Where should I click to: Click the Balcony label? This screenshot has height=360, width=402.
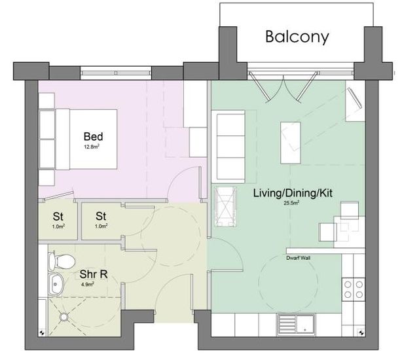coord(297,37)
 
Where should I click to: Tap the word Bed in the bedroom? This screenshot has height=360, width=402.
coord(94,137)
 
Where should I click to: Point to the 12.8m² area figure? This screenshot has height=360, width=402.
coord(92,147)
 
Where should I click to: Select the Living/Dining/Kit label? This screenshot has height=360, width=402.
coord(293,193)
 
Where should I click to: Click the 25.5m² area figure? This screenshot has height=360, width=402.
coord(291,203)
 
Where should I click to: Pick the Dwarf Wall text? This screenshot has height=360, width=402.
coord(298,258)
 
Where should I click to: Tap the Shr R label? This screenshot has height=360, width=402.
coord(94,274)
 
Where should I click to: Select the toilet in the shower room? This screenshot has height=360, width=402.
coord(62,261)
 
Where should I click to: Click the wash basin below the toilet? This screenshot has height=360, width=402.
coord(56,284)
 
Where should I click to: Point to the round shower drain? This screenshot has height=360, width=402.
coord(64,317)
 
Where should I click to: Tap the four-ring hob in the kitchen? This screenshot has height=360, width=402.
coord(354,289)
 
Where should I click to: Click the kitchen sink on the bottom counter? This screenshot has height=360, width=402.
coord(296,325)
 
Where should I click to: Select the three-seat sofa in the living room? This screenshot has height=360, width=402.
coord(230,147)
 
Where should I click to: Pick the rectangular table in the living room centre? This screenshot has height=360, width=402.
coord(291,143)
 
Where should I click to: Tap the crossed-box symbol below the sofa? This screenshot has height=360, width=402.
coord(225,207)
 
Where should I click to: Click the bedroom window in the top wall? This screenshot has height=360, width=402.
coord(116,73)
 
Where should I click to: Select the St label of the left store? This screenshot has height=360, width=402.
coord(58,217)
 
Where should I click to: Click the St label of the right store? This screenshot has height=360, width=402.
coord(101,216)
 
